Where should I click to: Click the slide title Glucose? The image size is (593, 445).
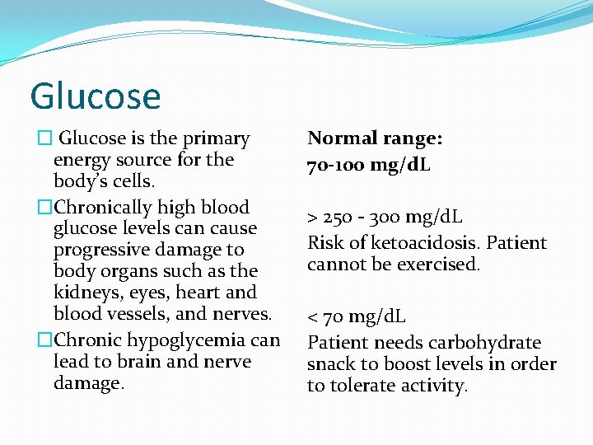point(95,96)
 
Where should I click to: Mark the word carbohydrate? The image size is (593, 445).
point(489,343)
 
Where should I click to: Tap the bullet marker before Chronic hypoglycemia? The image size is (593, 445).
point(45,340)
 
